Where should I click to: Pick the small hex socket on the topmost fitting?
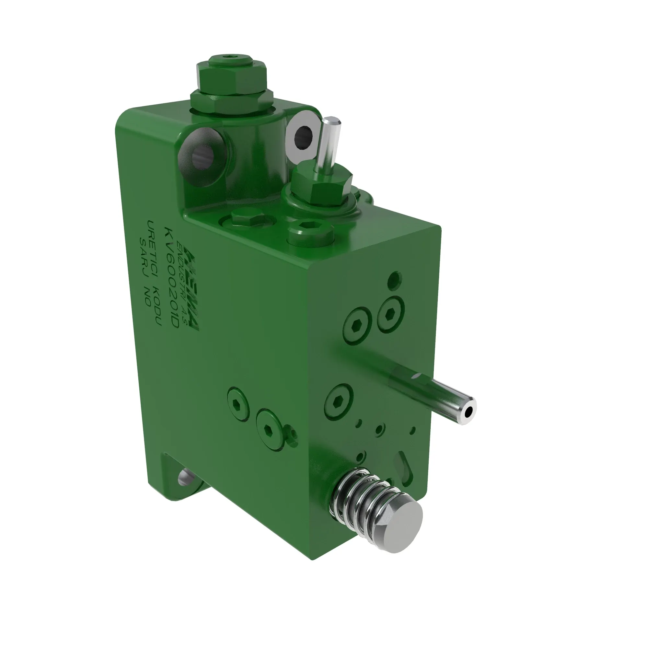pyautogui.click(x=229, y=57)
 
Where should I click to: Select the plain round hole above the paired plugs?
pyautogui.click(x=395, y=279)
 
